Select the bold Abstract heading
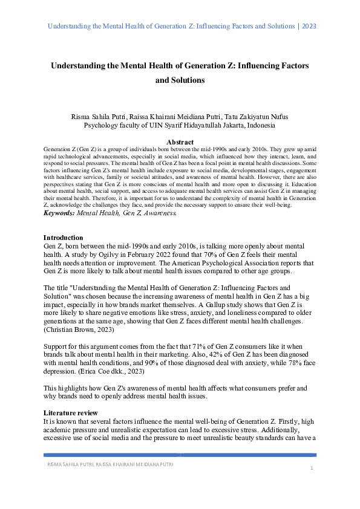coord(180,142)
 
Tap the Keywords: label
coord(59,213)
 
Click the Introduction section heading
coord(64,238)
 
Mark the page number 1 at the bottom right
coord(310,468)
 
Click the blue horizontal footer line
coord(180,455)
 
